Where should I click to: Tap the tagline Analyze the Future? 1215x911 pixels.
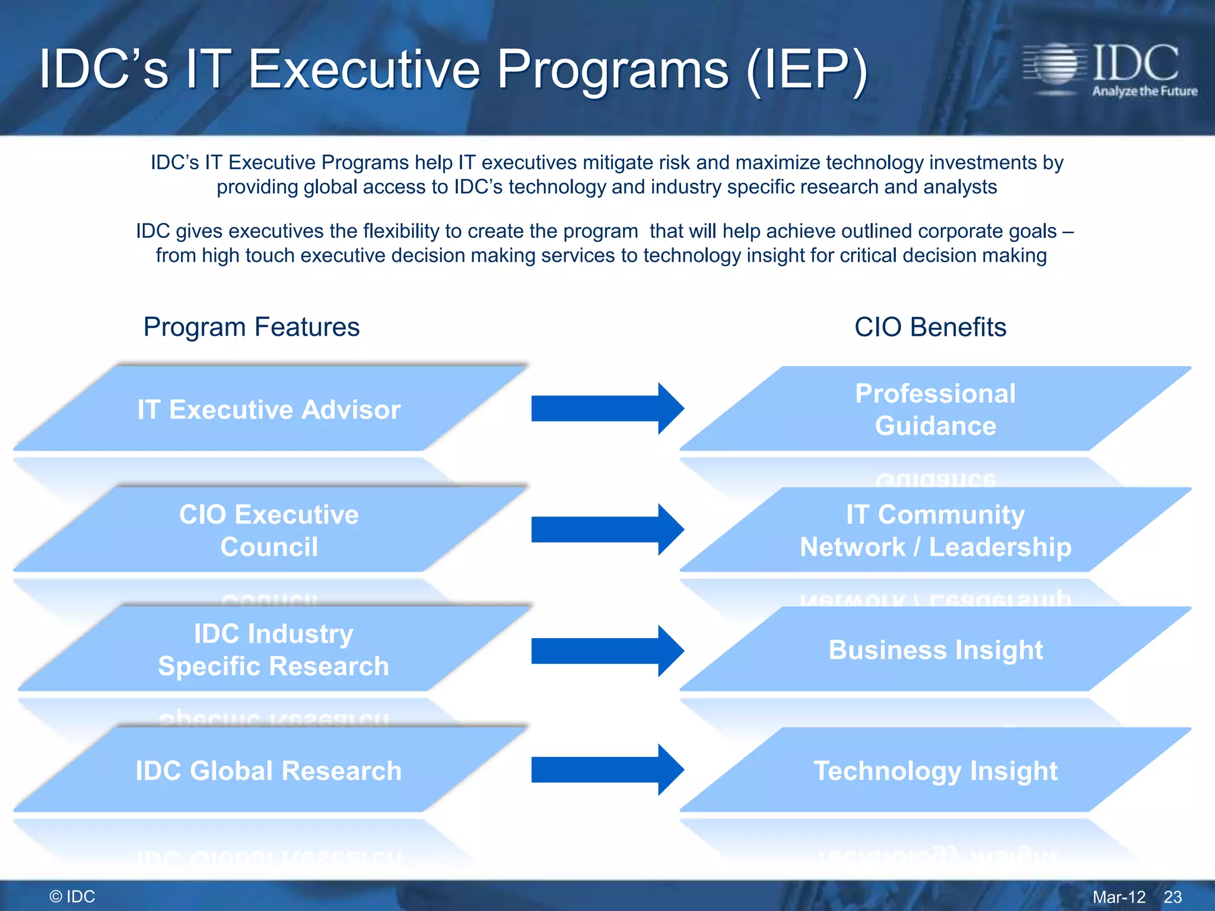(x=1144, y=91)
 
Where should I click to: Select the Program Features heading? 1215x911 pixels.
(x=252, y=327)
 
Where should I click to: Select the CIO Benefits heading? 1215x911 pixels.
(x=930, y=327)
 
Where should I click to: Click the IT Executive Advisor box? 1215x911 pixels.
(x=269, y=409)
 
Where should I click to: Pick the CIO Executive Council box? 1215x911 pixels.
(x=269, y=530)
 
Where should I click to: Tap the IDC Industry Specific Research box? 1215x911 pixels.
(x=273, y=649)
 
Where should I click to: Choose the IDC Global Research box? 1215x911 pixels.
(x=269, y=770)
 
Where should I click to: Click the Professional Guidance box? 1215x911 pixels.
(x=935, y=409)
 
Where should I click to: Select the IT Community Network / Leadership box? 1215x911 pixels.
(x=935, y=530)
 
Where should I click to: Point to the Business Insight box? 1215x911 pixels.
(x=935, y=649)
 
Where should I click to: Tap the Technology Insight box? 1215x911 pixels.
(x=935, y=770)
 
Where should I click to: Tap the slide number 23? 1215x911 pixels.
(x=1172, y=897)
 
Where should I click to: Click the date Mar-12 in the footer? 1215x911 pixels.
(x=1119, y=897)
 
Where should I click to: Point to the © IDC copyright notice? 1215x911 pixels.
(x=72, y=896)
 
